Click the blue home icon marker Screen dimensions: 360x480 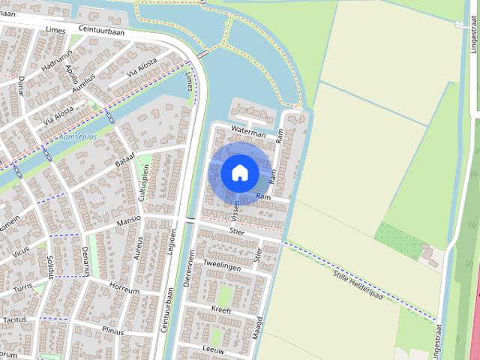tap(240, 173)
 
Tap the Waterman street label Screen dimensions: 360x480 tap(250, 133)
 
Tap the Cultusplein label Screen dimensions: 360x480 tap(143, 180)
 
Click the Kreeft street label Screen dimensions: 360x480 tap(221, 309)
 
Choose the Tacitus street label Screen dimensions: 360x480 tap(15, 319)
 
